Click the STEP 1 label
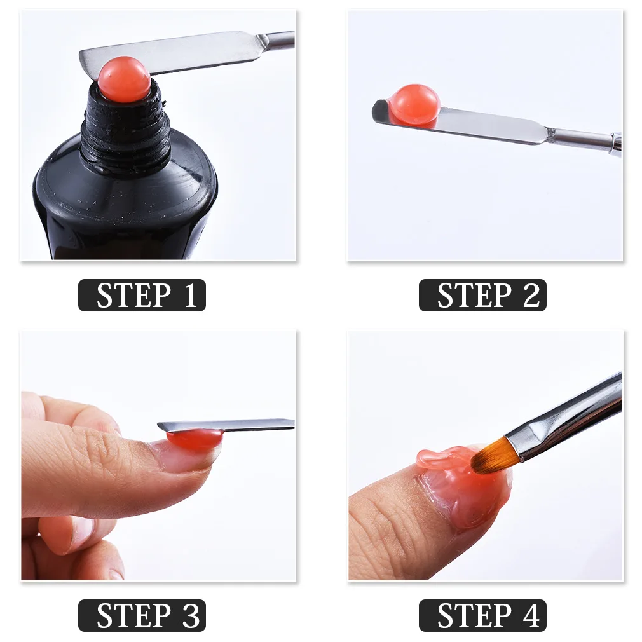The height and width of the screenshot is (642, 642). [x=142, y=296]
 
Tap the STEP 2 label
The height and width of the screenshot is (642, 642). [x=482, y=296]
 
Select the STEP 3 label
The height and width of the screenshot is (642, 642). [x=142, y=616]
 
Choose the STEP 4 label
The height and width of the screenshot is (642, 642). [x=482, y=616]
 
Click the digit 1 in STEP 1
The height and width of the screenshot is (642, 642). [x=190, y=296]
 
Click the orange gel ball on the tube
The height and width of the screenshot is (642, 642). [x=124, y=79]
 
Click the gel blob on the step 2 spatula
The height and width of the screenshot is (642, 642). [x=414, y=104]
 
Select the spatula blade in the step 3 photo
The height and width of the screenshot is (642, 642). [x=254, y=425]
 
